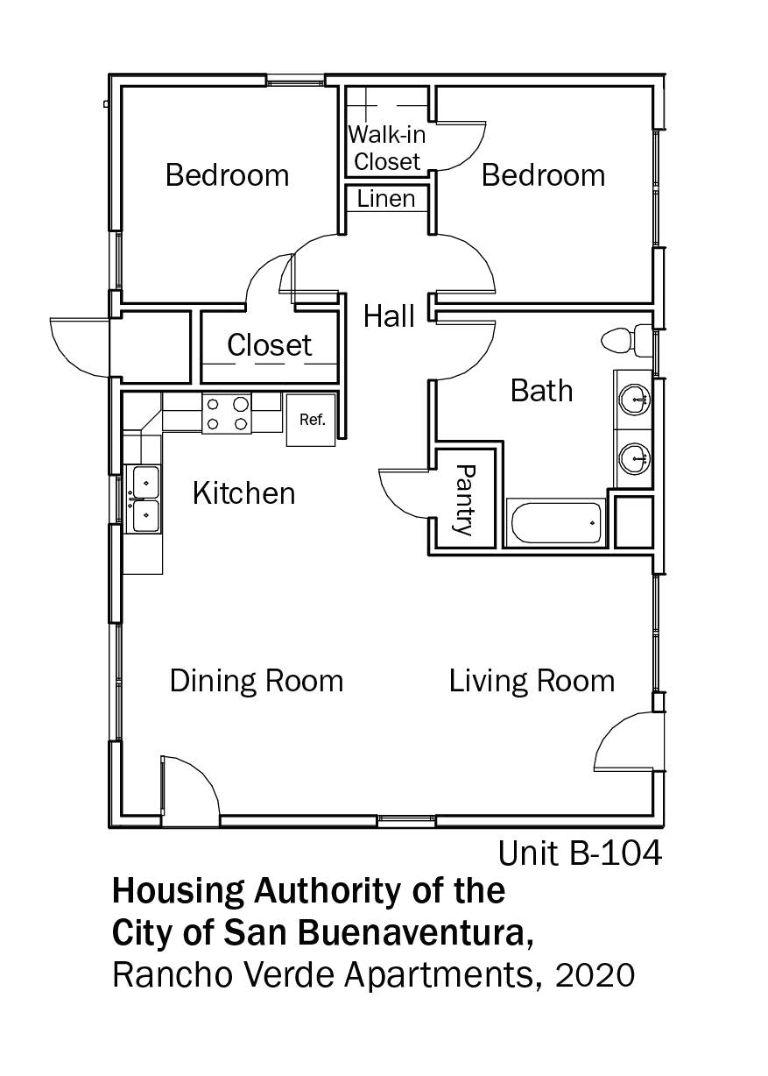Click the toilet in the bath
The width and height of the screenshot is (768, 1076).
(x=626, y=340)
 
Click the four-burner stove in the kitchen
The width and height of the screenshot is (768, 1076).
(x=227, y=414)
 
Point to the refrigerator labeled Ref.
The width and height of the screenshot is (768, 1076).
(x=312, y=420)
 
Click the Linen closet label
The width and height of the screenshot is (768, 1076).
(x=386, y=199)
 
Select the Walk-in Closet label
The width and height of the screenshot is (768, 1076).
(x=386, y=148)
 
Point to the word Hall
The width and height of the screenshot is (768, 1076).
(x=389, y=316)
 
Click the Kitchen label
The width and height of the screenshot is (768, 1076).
(x=243, y=493)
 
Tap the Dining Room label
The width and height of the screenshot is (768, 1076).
(x=257, y=682)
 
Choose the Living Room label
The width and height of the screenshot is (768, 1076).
(x=532, y=682)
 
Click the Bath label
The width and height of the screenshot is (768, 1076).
(x=541, y=391)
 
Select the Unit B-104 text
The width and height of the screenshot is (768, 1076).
(x=581, y=853)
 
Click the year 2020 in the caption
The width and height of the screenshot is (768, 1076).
(x=595, y=975)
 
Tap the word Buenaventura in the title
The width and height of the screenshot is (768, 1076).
(x=411, y=932)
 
